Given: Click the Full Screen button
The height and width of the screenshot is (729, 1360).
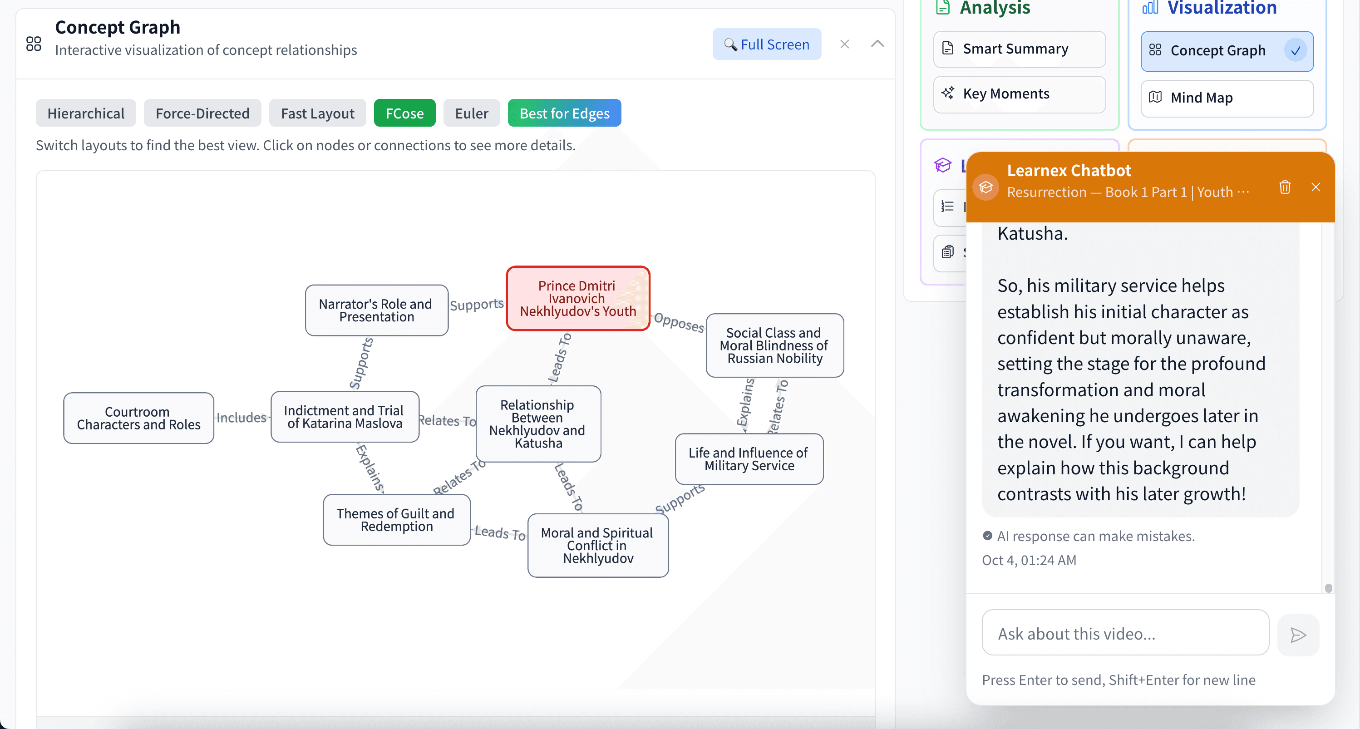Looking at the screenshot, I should pos(767,44).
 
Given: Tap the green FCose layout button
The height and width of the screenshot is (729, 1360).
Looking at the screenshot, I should pos(404,113).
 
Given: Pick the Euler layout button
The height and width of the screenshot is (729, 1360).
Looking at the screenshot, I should pos(472,113).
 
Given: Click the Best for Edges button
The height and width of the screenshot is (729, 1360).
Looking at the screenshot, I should pos(564,113).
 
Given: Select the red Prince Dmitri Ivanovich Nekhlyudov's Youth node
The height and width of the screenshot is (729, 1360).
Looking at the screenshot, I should pos(577,299).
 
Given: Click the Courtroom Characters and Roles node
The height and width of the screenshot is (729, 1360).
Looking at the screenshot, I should pos(138,418).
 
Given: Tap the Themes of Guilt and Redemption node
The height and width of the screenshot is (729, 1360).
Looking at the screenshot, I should pos(396,520).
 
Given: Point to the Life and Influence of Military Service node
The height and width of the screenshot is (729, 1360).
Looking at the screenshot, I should pos(749,459).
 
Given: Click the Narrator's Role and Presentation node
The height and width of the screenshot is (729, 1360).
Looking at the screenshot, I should pos(376,310).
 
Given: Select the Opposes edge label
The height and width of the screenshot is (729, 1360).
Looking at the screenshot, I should pos(679,322).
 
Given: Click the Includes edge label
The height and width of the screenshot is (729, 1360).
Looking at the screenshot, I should pos(241,418).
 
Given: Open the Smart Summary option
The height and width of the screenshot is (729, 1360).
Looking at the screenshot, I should pos(1019,49).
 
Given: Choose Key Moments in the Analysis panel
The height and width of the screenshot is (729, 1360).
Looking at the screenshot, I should pos(1019,94).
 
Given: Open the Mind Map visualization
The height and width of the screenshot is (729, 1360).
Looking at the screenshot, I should pos(1227,98).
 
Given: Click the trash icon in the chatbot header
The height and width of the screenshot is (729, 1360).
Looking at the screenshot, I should pos(1285,187).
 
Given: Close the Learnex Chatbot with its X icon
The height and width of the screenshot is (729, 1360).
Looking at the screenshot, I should pos(1316,187).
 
